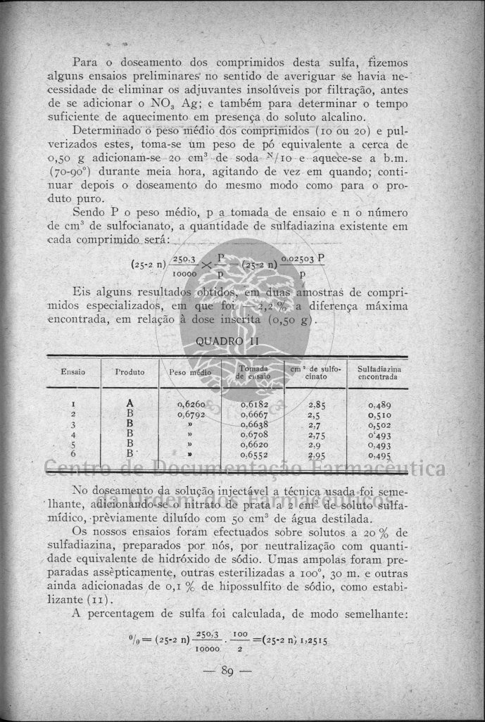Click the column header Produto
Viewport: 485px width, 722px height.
coord(130,372)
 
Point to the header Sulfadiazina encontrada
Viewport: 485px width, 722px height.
coord(379,372)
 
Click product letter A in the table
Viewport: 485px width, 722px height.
coord(130,404)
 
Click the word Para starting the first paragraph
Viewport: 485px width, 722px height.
coord(86,62)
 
